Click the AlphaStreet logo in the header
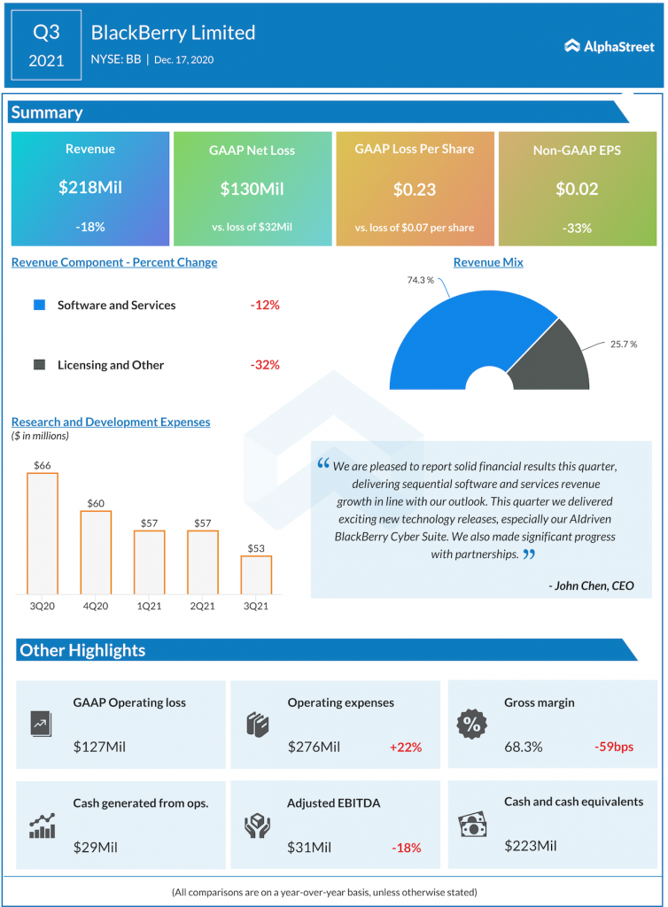click(610, 46)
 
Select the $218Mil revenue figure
click(89, 188)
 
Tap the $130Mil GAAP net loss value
click(252, 189)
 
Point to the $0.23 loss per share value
click(414, 189)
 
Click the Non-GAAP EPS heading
click(577, 151)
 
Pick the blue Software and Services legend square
click(39, 305)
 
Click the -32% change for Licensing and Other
click(264, 365)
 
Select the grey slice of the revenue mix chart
click(556, 355)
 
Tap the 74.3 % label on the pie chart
click(420, 280)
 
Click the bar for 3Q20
click(43, 533)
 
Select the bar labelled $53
click(256, 574)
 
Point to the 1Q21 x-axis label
click(149, 606)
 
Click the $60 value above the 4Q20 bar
click(96, 503)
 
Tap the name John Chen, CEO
click(591, 585)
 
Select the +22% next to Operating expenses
click(405, 747)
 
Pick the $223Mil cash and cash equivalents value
click(531, 846)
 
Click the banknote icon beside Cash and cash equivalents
click(470, 825)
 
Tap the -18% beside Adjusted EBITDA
click(405, 848)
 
